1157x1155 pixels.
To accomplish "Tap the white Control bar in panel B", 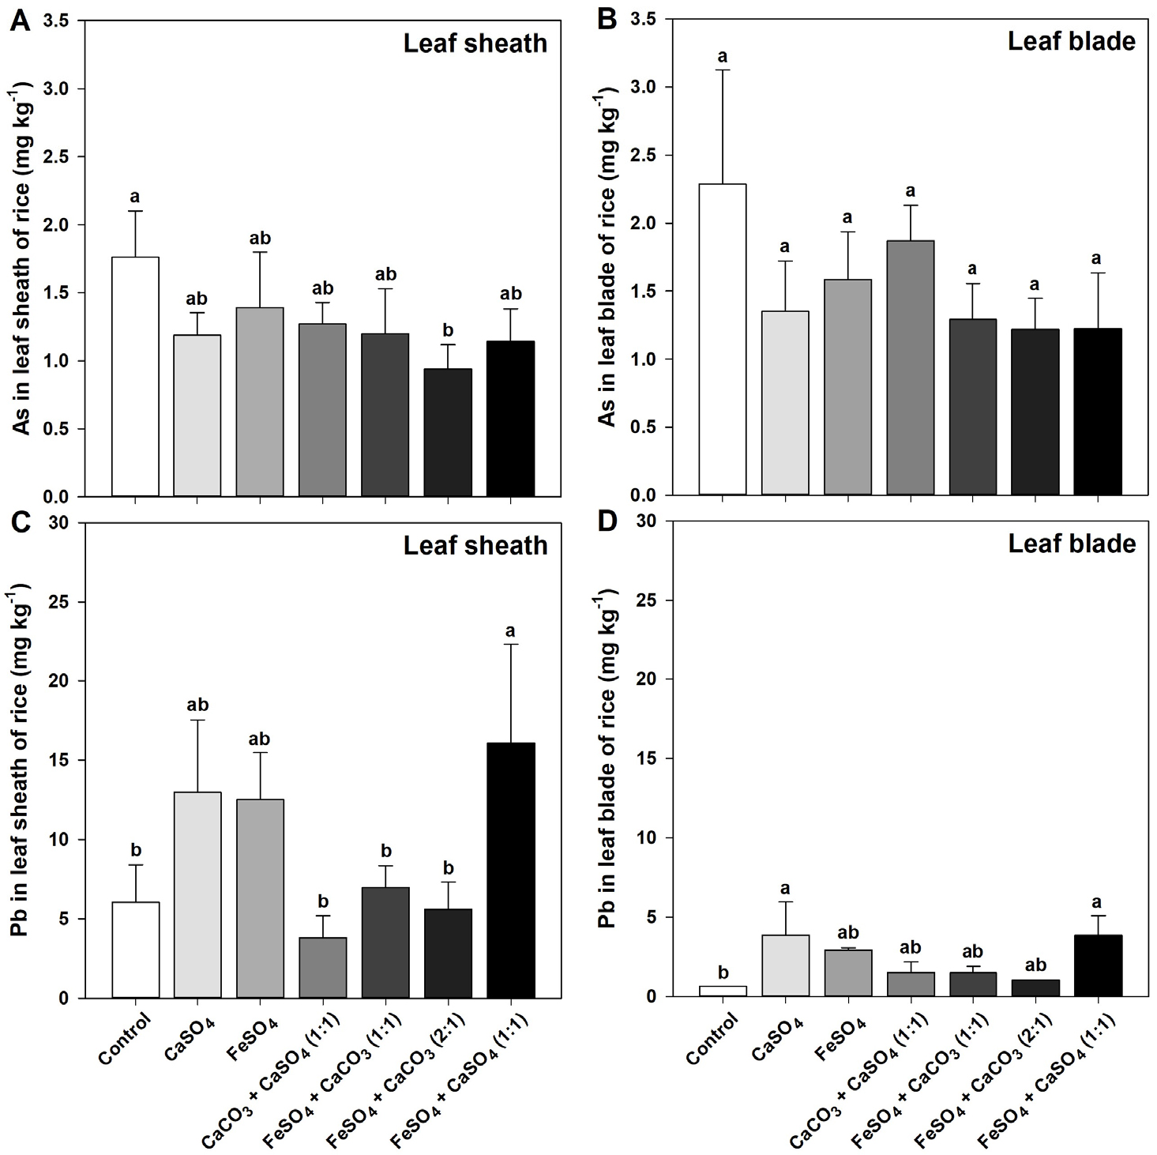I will click(x=722, y=340).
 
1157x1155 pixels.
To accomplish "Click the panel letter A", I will click(x=20, y=20).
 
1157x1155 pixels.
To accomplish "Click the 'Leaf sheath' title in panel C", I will click(x=475, y=545).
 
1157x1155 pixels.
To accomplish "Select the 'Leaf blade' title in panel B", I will click(x=1071, y=41).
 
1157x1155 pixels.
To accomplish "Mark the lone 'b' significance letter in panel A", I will click(x=449, y=329).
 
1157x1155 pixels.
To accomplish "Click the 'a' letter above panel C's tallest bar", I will click(x=511, y=630).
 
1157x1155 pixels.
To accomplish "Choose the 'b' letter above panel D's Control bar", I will click(x=723, y=973).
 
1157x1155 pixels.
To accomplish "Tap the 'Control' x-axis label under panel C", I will click(x=126, y=1040).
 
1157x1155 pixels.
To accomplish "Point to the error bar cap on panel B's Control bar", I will click(x=722, y=70).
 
